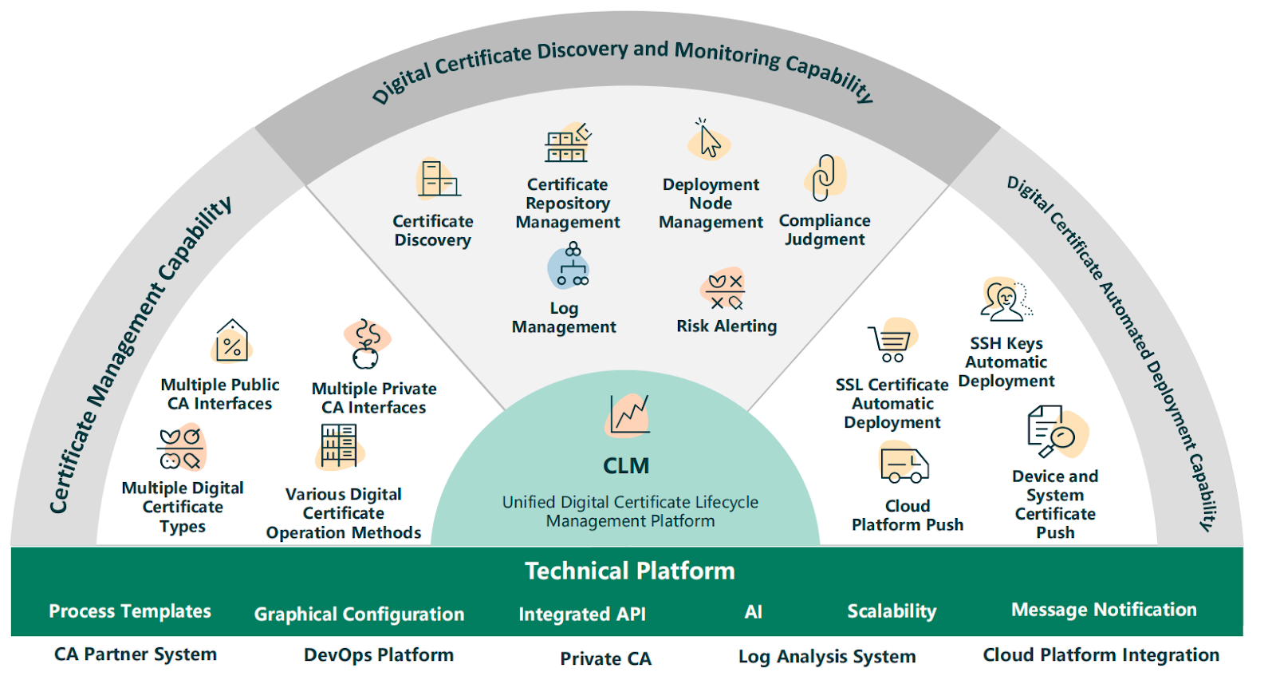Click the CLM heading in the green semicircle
(626, 465)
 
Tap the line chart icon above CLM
(628, 415)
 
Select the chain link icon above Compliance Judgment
(825, 177)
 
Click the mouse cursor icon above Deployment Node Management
(709, 139)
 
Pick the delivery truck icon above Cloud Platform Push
(904, 463)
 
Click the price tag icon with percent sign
(231, 341)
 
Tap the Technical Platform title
(629, 571)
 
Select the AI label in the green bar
(753, 611)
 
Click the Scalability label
(892, 611)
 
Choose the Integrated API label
(582, 614)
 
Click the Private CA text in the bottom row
(605, 658)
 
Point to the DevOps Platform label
(379, 655)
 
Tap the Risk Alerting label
(727, 326)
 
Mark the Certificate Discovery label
(433, 231)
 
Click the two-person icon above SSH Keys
(1006, 299)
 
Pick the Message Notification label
(1104, 609)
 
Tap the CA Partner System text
(136, 654)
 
